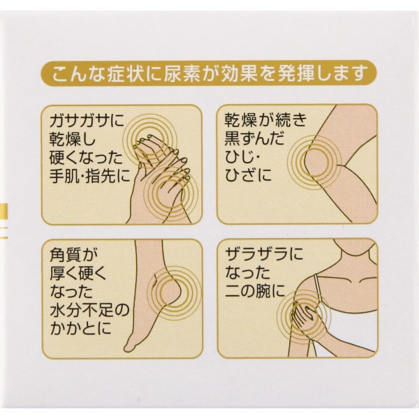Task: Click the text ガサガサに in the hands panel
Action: click(87, 121)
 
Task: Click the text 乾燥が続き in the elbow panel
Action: click(265, 121)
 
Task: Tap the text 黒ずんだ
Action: click(254, 139)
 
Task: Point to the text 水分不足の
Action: click(89, 310)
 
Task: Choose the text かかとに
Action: click(80, 328)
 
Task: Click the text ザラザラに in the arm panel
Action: click(264, 254)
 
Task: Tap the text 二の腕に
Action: click(255, 291)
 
